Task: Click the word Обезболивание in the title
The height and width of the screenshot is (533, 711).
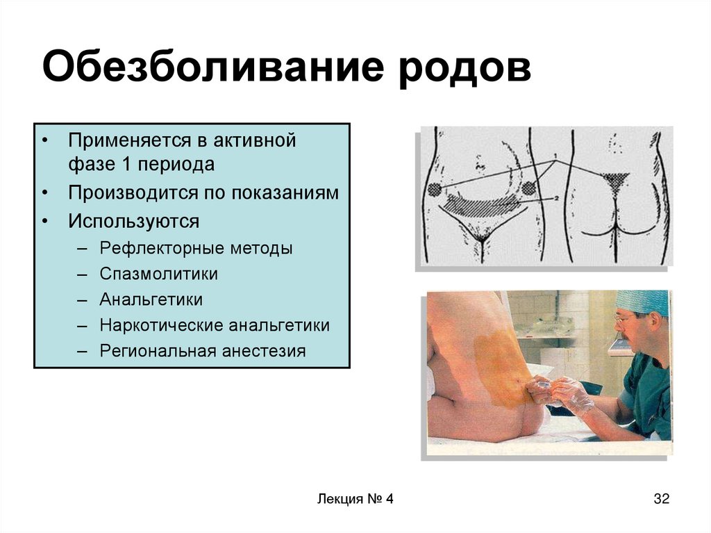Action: tap(214, 67)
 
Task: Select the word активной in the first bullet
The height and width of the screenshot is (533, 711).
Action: tap(255, 140)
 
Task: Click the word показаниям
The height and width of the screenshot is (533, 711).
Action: tap(285, 193)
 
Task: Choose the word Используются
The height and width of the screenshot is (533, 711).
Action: tap(134, 222)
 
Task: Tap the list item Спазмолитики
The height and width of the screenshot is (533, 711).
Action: tap(159, 274)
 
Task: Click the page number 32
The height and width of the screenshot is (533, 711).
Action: tap(662, 498)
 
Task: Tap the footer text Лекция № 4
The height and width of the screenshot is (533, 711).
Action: tap(355, 499)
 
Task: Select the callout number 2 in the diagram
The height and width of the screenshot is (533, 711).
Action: tap(555, 199)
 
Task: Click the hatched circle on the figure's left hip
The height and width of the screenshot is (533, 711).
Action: tap(434, 189)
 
